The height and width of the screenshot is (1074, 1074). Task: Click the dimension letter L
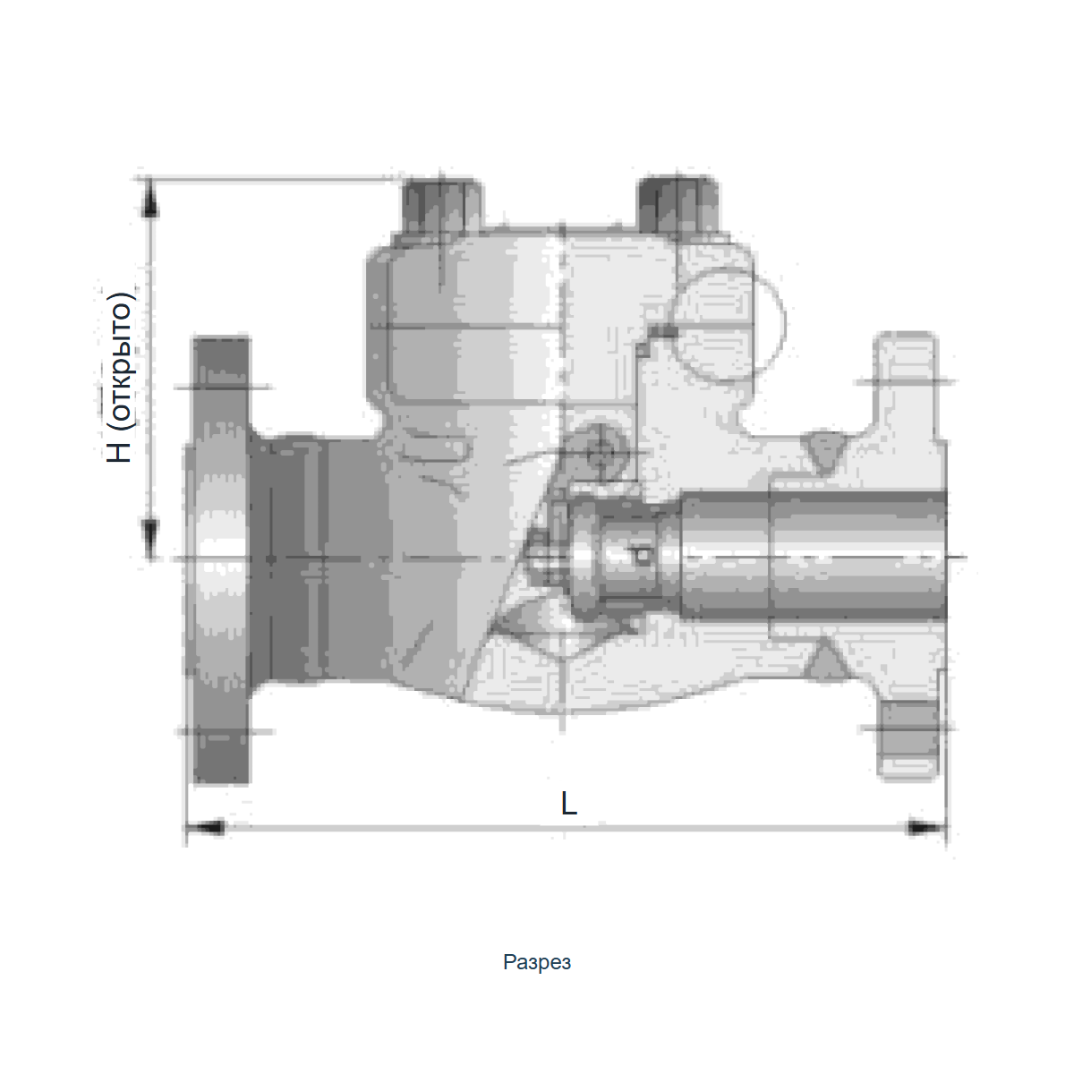coord(568,804)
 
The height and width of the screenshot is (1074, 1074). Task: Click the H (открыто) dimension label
coord(119,377)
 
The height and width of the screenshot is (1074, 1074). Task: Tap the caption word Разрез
coord(537,962)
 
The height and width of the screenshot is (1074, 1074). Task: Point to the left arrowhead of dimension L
coord(205,828)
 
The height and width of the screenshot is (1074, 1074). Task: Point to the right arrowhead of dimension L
coord(925,828)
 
